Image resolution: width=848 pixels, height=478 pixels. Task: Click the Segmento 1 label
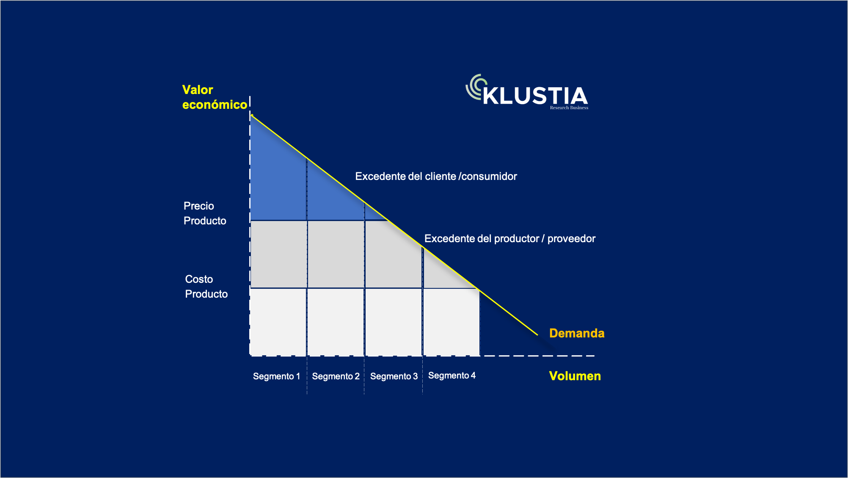point(276,376)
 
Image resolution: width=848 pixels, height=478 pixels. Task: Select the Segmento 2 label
point(336,376)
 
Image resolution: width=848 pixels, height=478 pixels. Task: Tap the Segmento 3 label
point(394,376)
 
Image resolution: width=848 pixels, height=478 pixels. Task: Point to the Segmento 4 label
point(452,376)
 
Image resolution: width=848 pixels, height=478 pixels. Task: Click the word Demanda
point(577,333)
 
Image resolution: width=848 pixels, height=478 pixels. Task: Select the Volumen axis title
point(575,376)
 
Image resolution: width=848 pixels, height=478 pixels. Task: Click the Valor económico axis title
point(215,97)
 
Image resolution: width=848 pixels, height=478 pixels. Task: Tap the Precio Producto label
point(205,213)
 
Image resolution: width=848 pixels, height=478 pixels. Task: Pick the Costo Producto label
point(206,287)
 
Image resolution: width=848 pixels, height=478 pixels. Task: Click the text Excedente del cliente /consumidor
point(436,177)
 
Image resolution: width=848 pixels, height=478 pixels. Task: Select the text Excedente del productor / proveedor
point(510,239)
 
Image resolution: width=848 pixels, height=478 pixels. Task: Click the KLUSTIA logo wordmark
point(535,96)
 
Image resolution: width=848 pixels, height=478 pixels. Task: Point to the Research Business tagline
point(569,108)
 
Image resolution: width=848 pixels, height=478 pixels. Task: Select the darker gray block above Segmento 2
point(336,254)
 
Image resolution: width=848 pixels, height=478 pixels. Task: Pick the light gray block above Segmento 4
point(452,322)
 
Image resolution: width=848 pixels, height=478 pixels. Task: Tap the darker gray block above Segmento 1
point(279,254)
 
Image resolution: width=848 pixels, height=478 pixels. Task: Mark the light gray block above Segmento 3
point(394,322)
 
